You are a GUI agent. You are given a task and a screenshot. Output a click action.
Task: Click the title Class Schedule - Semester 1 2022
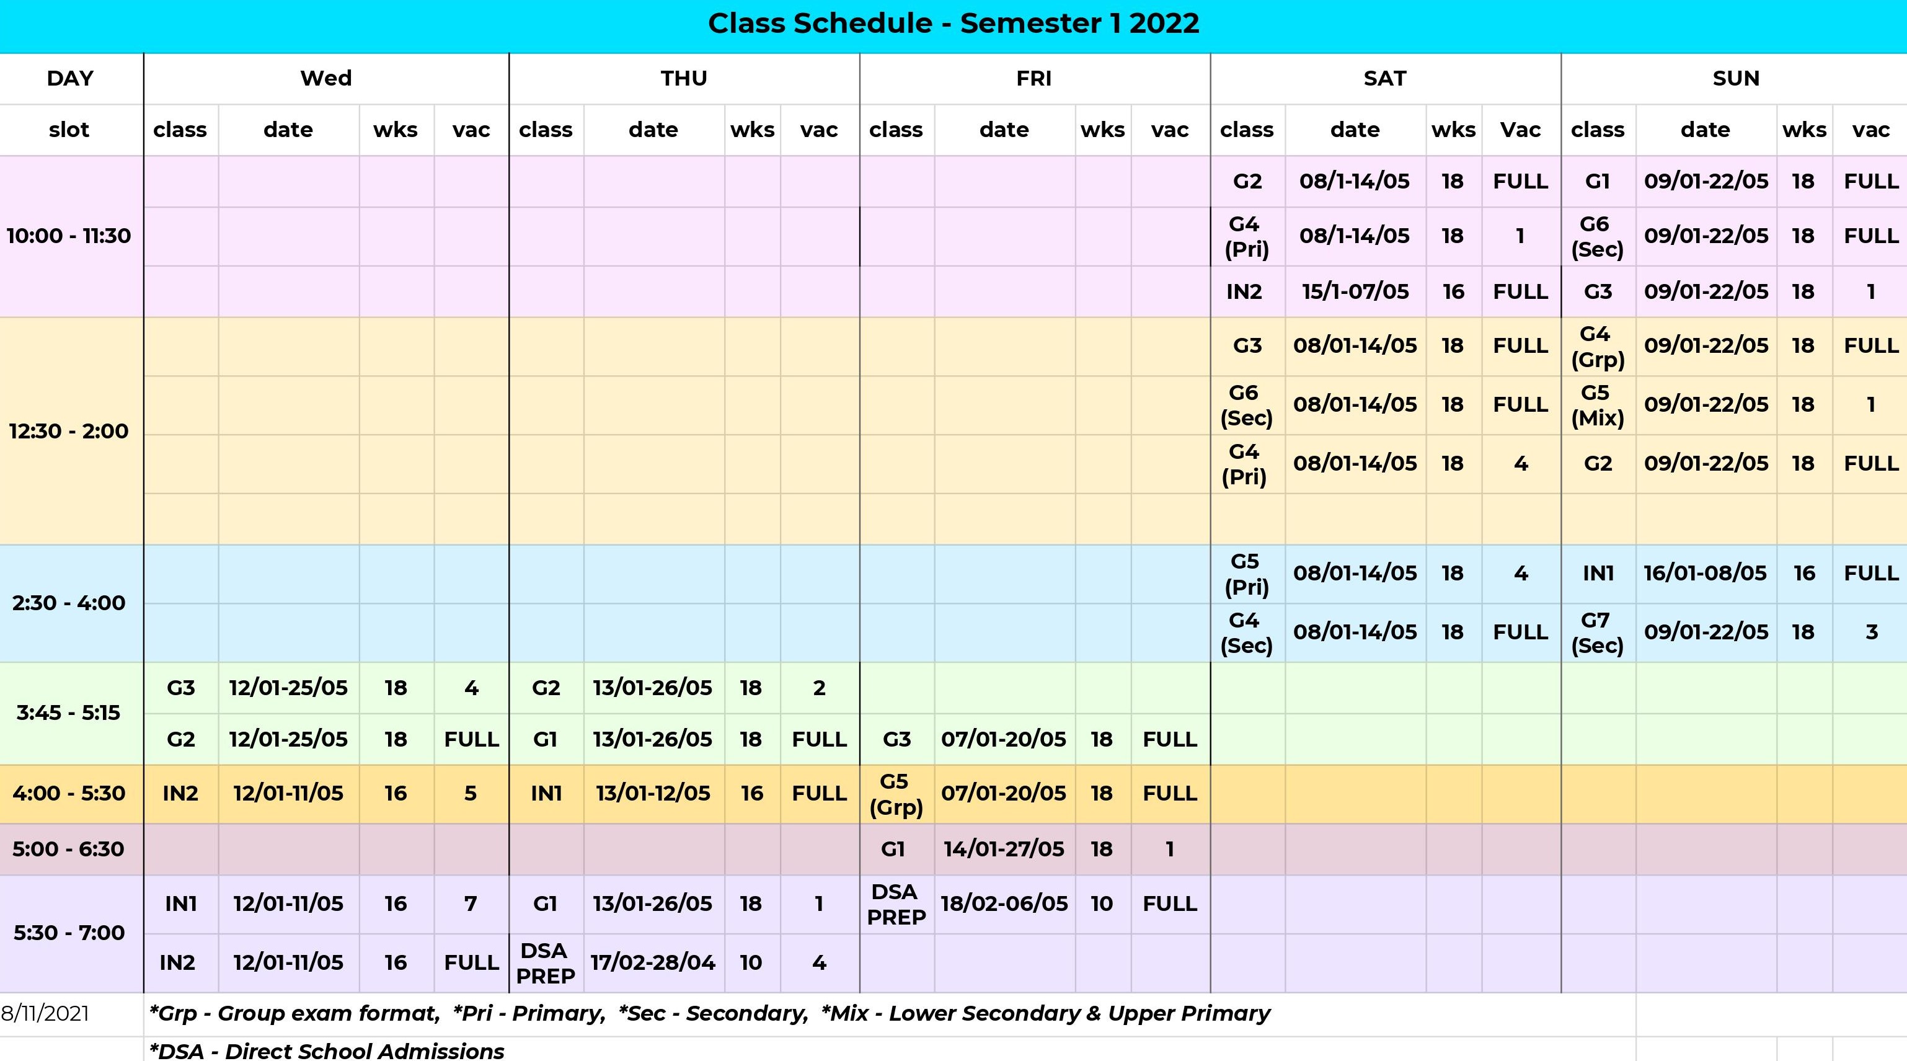point(953,24)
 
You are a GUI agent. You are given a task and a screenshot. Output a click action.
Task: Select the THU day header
point(684,79)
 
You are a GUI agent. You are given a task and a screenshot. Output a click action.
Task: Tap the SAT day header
point(1385,79)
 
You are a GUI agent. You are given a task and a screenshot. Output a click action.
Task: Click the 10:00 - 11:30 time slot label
point(69,236)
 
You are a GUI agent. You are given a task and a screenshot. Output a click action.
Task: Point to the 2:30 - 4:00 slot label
point(69,603)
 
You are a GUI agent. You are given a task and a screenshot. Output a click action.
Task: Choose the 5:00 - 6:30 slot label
point(69,848)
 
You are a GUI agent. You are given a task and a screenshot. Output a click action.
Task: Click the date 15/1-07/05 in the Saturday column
point(1355,291)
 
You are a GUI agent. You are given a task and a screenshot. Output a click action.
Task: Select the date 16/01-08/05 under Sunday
point(1706,573)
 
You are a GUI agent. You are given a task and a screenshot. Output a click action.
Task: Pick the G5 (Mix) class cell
point(1598,405)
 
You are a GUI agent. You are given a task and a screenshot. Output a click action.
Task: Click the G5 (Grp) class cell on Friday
point(896,794)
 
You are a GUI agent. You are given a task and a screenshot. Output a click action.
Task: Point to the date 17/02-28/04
point(653,962)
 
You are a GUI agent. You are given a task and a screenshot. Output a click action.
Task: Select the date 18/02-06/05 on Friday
point(1004,903)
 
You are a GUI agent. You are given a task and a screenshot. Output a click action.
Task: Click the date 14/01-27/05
point(1004,848)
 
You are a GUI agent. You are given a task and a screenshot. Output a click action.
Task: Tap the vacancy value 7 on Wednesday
point(471,903)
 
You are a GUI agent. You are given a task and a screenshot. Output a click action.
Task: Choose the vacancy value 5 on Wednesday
point(471,794)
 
